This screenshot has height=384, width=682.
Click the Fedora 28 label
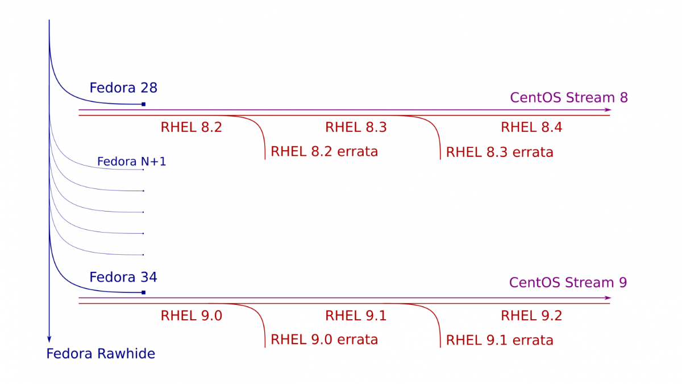(123, 88)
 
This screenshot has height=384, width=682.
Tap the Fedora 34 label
(123, 278)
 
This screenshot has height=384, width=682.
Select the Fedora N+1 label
(131, 162)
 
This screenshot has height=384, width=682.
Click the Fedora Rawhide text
(101, 354)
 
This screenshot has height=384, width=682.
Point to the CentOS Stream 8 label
(569, 97)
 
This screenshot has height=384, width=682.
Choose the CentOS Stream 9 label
(568, 283)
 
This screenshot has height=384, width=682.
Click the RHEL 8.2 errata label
(325, 151)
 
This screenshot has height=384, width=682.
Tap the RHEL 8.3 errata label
(500, 152)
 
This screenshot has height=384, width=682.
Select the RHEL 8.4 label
(531, 127)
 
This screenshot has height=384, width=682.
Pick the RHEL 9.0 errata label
(325, 340)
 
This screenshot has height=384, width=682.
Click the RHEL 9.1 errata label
(500, 340)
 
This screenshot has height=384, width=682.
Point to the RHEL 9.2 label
(531, 316)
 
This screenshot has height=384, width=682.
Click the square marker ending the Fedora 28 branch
(144, 104)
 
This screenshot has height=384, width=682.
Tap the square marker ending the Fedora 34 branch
(144, 292)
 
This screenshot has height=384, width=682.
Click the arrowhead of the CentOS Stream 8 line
(608, 110)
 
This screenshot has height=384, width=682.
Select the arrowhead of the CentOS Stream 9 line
(608, 298)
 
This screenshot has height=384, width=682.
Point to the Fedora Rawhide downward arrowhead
(49, 339)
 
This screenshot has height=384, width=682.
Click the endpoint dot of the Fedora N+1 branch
(143, 170)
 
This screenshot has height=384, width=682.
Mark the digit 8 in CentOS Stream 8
(624, 97)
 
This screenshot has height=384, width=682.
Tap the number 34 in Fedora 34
(149, 278)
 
